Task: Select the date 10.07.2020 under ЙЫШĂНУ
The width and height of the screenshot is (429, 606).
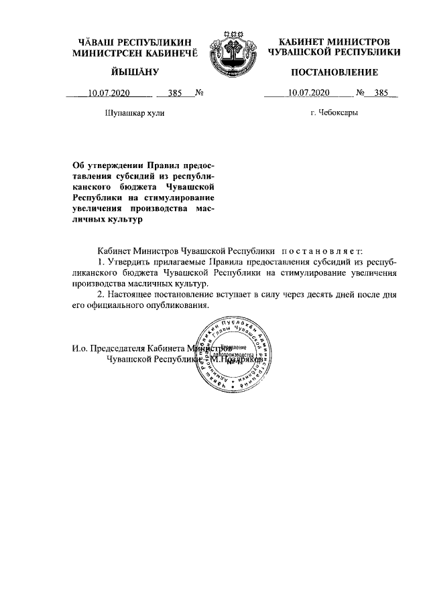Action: pyautogui.click(x=109, y=93)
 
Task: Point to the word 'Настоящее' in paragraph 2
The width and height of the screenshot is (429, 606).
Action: pyautogui.click(x=131, y=295)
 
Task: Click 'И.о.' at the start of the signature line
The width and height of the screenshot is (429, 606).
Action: pyautogui.click(x=82, y=348)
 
